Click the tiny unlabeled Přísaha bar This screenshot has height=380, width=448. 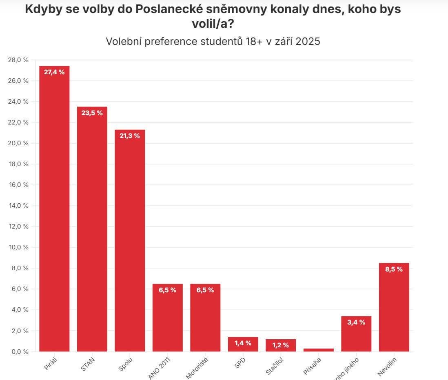(318, 350)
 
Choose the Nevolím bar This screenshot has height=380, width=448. (394, 310)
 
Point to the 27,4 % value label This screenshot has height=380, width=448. (54, 72)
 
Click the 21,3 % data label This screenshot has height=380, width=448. (130, 136)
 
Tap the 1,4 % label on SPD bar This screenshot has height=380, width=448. (243, 343)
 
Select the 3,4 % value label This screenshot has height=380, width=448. (356, 322)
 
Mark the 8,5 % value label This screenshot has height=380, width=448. (394, 269)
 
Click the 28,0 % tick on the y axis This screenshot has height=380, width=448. (18, 60)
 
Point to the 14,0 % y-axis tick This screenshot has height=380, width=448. (18, 206)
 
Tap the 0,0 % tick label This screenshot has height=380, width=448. (18, 351)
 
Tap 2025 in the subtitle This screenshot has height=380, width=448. (308, 42)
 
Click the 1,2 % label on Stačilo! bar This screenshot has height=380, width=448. (281, 345)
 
